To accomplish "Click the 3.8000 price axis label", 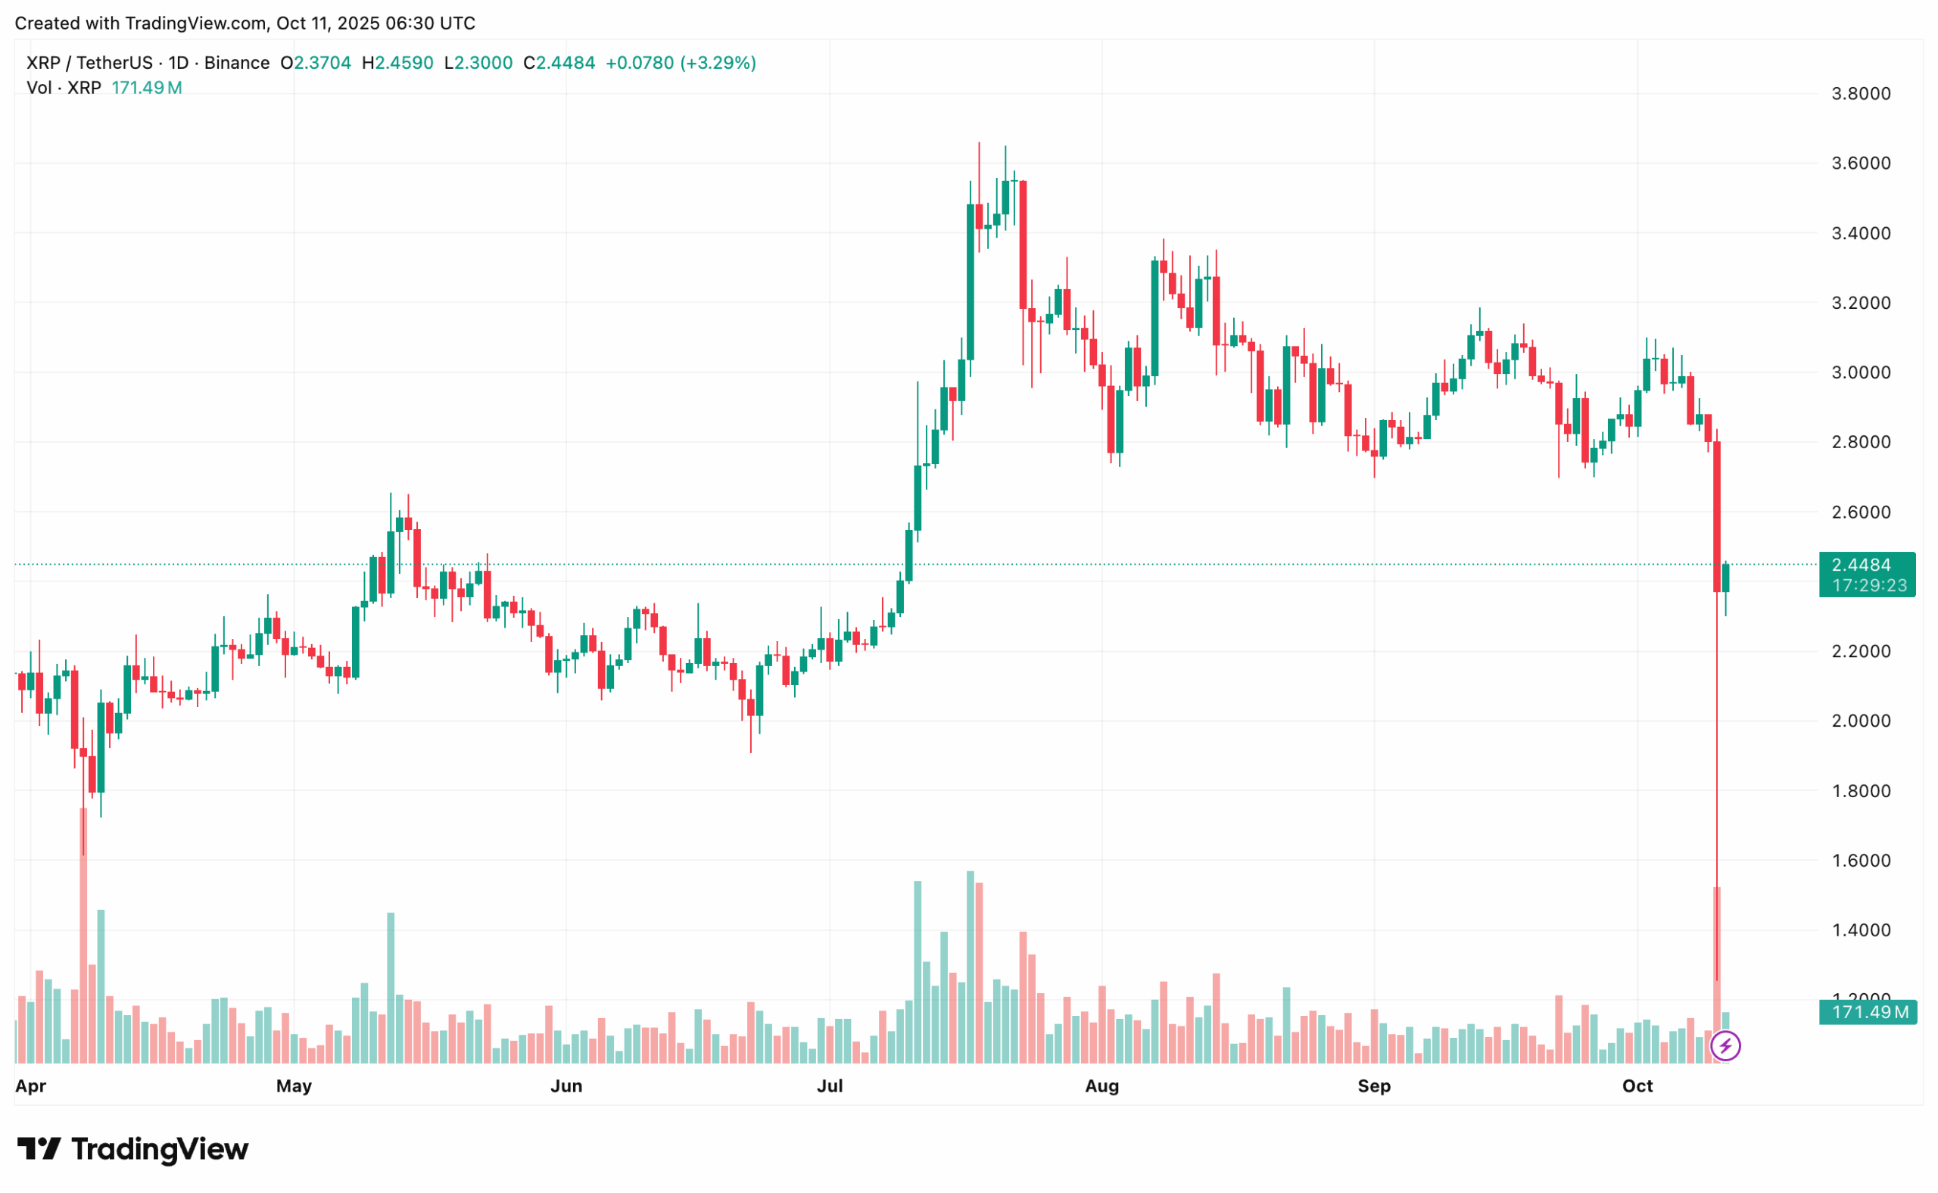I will (x=1860, y=94).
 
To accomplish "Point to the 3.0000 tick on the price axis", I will (x=1860, y=372).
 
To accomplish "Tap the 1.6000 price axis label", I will (x=1860, y=861).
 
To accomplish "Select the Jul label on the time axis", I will (x=830, y=1086).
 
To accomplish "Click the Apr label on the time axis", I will (x=31, y=1086).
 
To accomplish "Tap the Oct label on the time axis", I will (x=1637, y=1086).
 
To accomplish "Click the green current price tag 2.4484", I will (x=1866, y=565).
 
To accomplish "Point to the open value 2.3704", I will (x=322, y=63).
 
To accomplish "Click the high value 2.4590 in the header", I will (x=404, y=63).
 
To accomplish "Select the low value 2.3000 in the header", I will (x=484, y=63).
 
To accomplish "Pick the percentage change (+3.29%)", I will (x=719, y=63).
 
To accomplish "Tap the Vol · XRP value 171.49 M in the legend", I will (x=147, y=89).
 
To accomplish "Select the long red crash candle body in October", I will (x=1716, y=517).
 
